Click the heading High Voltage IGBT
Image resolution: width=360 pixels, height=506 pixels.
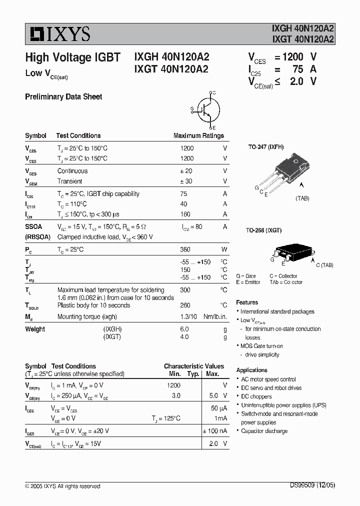[x=72, y=57]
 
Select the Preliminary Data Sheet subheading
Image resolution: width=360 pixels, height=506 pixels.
[x=63, y=97]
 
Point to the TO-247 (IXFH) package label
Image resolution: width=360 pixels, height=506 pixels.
[x=265, y=147]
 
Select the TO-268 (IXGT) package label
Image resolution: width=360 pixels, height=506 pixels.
[x=263, y=230]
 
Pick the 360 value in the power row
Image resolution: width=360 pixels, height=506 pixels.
[x=185, y=249]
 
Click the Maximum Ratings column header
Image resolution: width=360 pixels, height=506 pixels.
[x=198, y=135]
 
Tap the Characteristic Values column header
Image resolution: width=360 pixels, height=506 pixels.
[x=194, y=366]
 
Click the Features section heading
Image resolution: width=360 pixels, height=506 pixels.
[x=247, y=302]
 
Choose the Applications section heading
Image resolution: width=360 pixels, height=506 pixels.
[x=251, y=370]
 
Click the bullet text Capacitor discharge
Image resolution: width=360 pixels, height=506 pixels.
[x=264, y=431]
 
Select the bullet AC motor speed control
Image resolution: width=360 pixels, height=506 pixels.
[x=268, y=379]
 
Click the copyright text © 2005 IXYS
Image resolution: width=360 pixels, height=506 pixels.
[x=62, y=486]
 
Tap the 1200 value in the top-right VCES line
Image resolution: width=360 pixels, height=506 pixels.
[x=292, y=57]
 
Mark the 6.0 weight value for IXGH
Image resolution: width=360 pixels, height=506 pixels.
[x=184, y=329]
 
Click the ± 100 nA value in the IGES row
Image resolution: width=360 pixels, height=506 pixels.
[x=214, y=430]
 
